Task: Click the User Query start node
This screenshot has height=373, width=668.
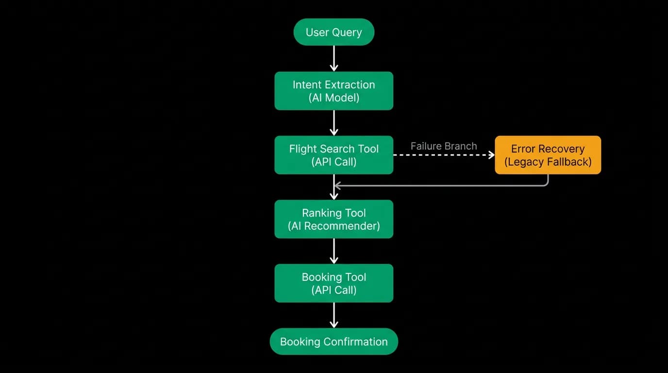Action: tap(334, 32)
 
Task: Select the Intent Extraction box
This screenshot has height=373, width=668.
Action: tap(334, 91)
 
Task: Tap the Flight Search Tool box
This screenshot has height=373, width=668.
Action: tap(334, 155)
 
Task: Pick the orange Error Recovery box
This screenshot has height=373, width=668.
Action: tap(548, 155)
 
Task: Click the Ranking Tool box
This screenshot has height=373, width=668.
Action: tap(334, 219)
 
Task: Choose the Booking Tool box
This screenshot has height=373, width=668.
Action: tap(334, 283)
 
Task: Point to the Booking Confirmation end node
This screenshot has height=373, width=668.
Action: tap(334, 341)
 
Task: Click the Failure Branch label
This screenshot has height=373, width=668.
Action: tap(444, 146)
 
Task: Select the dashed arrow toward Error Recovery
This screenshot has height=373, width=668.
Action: tap(444, 155)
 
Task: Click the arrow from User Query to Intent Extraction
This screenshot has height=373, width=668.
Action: tap(334, 58)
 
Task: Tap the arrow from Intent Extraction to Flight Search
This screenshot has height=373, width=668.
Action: tap(334, 123)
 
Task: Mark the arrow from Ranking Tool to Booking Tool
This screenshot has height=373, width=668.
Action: tap(334, 251)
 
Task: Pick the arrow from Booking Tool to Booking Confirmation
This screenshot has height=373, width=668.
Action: tap(334, 315)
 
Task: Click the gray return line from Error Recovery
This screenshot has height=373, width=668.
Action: tap(441, 186)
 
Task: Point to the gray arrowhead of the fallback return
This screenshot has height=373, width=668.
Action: tap(337, 186)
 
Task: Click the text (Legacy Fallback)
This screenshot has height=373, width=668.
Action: tap(548, 162)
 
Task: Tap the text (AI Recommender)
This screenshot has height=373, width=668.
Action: tap(334, 226)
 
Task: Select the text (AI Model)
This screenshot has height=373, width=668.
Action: tap(334, 98)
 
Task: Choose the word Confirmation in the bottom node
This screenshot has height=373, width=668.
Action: tap(355, 341)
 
